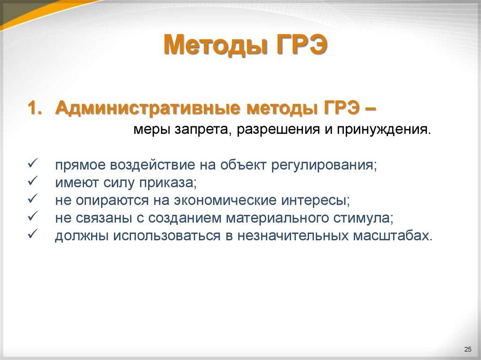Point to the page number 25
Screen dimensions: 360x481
(467, 348)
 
